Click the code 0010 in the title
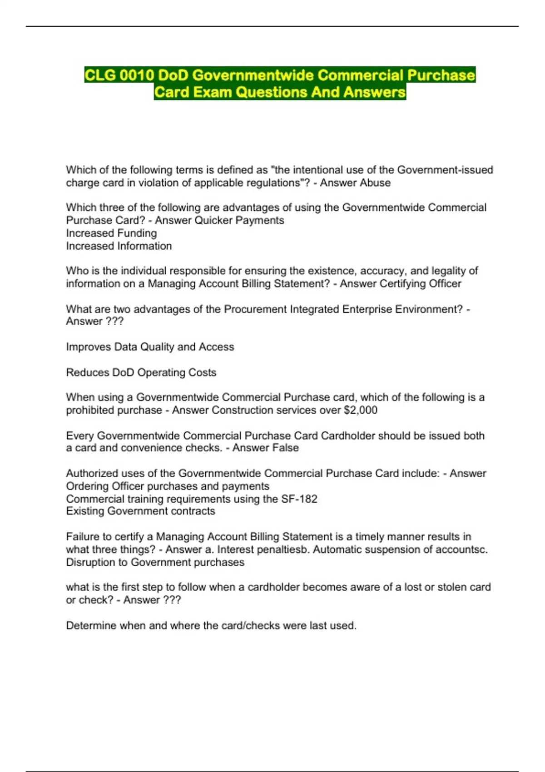pos(137,75)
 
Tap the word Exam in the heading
pos(213,92)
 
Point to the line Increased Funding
pos(111,233)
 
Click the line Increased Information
pos(119,246)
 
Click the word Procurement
pos(255,309)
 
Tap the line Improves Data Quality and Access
pos(150,347)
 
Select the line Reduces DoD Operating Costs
pos(141,372)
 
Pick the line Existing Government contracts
pos(140,511)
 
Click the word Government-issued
pos(445,170)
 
